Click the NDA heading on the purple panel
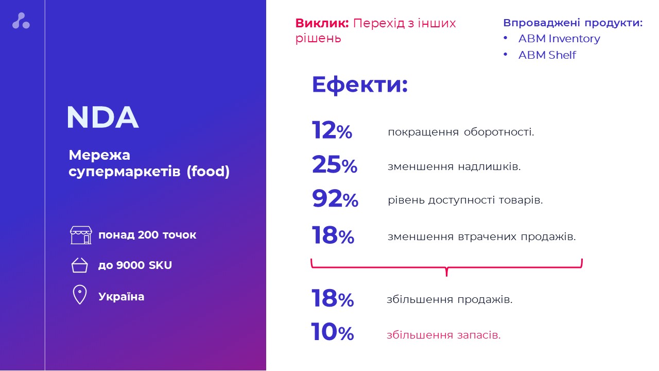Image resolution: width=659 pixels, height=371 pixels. click(102, 118)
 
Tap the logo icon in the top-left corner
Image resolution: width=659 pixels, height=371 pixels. click(21, 21)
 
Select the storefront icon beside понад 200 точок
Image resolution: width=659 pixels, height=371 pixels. click(81, 235)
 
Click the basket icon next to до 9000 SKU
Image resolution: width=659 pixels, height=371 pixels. click(80, 265)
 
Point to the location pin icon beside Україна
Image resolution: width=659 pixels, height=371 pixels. click(80, 296)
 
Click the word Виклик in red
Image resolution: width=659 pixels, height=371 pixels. click(322, 23)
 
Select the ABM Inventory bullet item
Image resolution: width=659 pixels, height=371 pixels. click(559, 39)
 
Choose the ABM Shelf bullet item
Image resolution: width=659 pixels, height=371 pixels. click(547, 55)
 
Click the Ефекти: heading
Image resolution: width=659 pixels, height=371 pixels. click(359, 85)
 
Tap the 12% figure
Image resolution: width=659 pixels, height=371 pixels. click(332, 131)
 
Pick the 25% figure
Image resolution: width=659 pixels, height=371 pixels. click(334, 165)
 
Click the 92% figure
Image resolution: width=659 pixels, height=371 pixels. click(335, 199)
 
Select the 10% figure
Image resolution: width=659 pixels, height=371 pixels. click(332, 333)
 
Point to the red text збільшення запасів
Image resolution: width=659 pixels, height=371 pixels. click(443, 335)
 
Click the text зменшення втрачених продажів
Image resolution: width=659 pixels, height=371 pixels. click(481, 237)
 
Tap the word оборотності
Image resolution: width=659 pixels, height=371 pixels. click(498, 132)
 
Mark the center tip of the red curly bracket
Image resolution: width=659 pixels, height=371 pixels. click(446, 274)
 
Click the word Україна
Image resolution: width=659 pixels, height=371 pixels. click(121, 297)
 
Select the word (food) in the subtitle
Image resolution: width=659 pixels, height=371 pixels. click(208, 171)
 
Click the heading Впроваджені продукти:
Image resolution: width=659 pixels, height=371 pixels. click(573, 23)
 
